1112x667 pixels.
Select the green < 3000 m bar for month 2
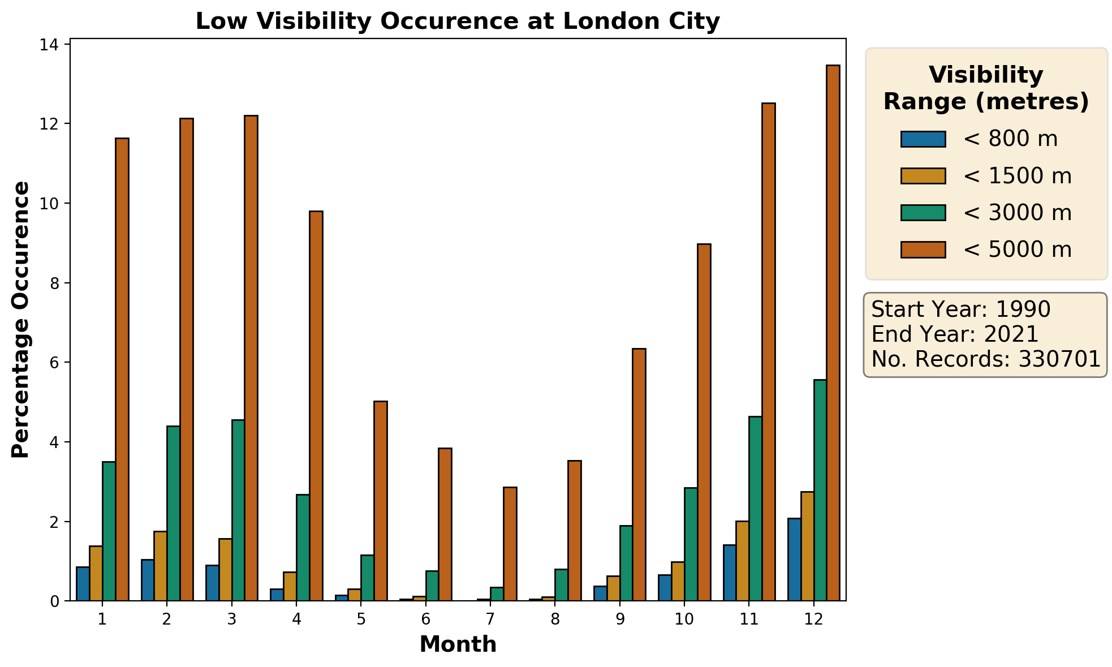tap(173, 513)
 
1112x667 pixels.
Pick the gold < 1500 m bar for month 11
tap(742, 561)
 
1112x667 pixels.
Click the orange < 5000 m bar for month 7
tap(510, 544)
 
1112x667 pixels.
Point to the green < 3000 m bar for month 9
tap(626, 563)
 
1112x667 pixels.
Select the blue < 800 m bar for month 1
tap(83, 583)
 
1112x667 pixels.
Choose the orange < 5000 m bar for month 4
tap(316, 406)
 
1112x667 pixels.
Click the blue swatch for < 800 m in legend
tap(923, 139)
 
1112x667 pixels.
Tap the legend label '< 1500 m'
tap(1017, 176)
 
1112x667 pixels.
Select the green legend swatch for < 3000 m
tap(923, 213)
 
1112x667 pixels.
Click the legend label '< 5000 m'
tap(1017, 249)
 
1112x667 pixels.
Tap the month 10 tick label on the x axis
tap(684, 619)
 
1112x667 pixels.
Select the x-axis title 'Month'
tap(458, 644)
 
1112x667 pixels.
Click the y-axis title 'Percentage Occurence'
tap(20, 320)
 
